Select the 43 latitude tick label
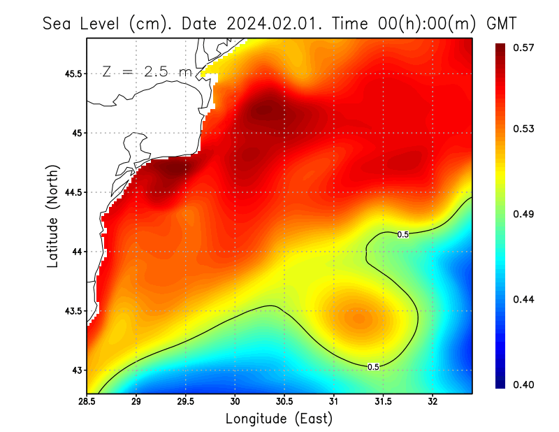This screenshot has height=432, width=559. point(76,370)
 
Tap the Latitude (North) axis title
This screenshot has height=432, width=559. point(52,216)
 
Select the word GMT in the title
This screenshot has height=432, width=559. point(502,23)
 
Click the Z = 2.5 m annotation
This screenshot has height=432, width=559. point(146,71)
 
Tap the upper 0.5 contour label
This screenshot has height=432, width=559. point(403,234)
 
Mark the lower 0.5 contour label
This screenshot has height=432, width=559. point(373,366)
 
